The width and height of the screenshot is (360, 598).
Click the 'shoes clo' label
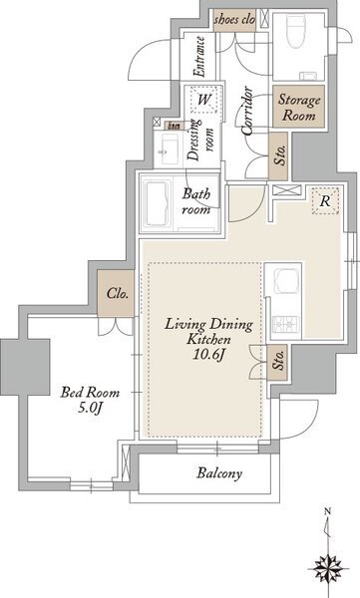point(234,20)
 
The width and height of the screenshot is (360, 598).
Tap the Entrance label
point(199,56)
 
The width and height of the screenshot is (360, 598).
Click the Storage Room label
point(299,107)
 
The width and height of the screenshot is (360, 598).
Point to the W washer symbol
point(204,100)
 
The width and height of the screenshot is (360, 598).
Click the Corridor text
point(247,111)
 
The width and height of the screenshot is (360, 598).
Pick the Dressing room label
point(200,140)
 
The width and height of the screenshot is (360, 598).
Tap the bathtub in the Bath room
point(160,203)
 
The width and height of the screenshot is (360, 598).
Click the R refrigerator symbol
point(325,200)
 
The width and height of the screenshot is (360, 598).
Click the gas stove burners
point(285,325)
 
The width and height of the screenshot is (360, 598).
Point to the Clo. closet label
point(118,294)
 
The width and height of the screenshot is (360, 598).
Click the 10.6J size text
point(208,355)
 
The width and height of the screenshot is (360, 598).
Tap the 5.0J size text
point(90,408)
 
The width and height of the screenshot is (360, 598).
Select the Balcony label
point(219,473)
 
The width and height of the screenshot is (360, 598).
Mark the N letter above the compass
point(327,512)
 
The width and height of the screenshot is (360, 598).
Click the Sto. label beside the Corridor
point(280,155)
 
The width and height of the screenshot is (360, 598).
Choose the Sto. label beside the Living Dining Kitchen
point(279,361)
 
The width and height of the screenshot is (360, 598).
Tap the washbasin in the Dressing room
point(170,149)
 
